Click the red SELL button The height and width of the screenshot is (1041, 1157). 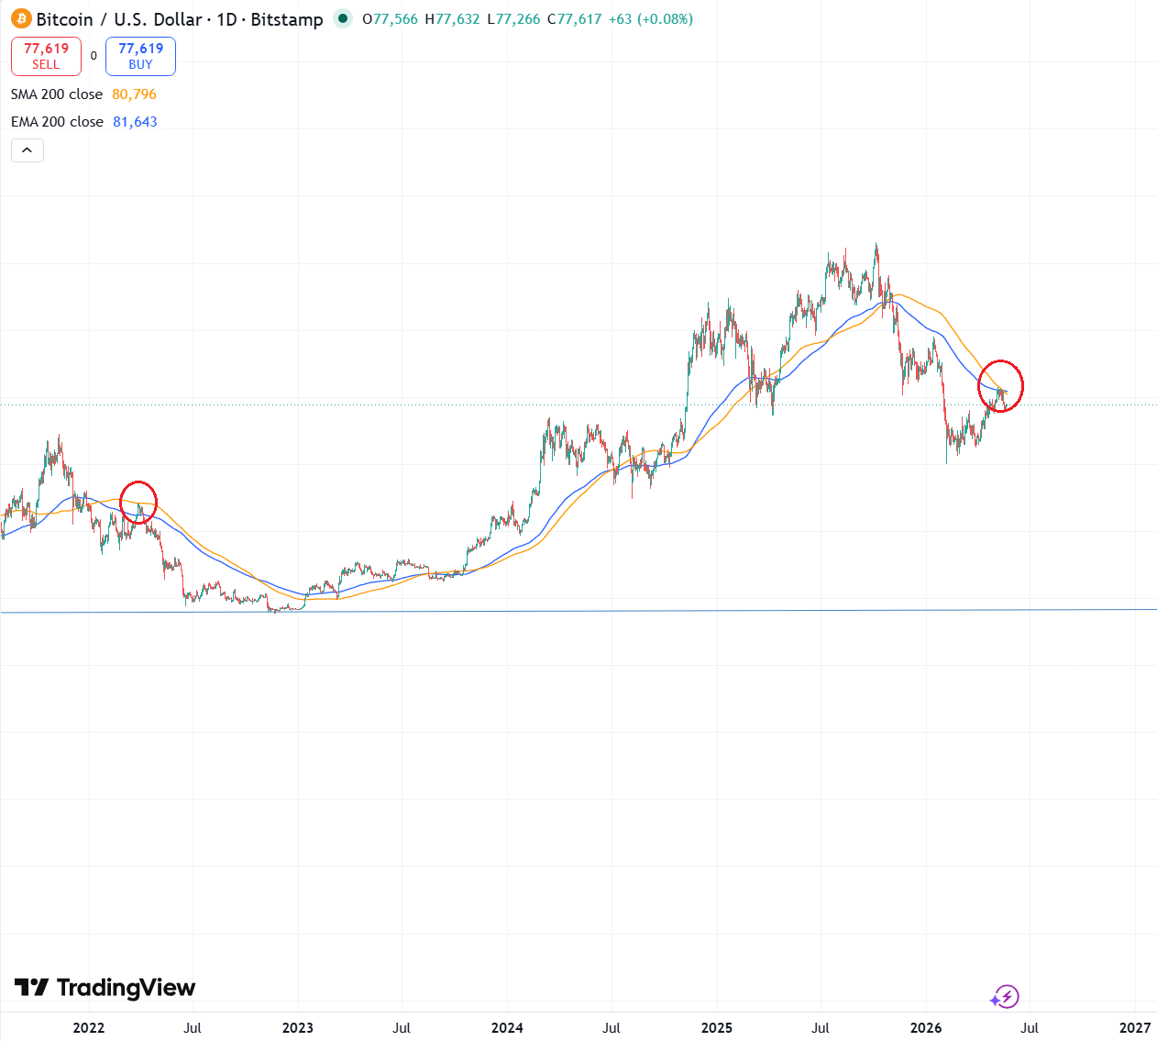click(46, 56)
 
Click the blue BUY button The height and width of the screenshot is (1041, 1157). click(140, 56)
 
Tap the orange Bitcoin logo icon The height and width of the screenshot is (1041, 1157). click(21, 19)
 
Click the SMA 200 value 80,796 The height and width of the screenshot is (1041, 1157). click(134, 94)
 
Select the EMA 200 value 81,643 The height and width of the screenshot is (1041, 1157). click(135, 122)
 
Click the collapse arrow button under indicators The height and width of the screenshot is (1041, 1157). click(28, 150)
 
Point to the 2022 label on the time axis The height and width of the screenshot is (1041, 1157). click(89, 1028)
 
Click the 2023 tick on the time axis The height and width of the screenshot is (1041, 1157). click(298, 1028)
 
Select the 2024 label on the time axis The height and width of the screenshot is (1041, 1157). click(507, 1028)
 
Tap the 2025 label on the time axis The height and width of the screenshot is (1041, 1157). click(717, 1028)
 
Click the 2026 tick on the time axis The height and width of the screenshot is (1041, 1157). click(926, 1028)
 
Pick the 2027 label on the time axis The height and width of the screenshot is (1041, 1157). click(1135, 1028)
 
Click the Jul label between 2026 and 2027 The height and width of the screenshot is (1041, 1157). click(1030, 1028)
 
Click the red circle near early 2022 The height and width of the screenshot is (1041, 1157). click(120, 502)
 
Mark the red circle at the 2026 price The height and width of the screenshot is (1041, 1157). click(978, 386)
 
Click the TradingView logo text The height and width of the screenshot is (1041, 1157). click(127, 988)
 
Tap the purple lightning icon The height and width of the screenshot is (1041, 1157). click(1005, 997)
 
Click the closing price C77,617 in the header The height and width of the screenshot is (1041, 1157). click(574, 19)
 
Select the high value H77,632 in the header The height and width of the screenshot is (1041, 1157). click(452, 19)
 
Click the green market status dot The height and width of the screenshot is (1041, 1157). click(343, 18)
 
